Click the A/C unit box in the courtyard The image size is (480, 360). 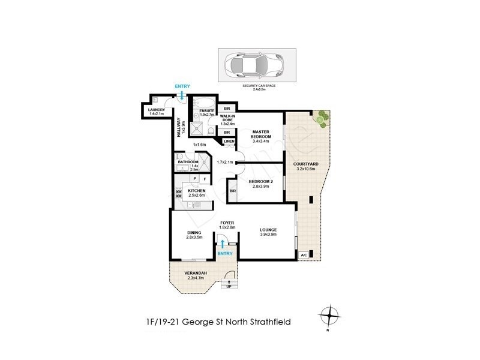(x=305, y=255)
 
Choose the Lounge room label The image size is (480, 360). (x=268, y=232)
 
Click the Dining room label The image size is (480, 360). (x=194, y=235)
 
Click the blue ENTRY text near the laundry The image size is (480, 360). (x=182, y=87)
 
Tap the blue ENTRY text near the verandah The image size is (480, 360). (x=225, y=254)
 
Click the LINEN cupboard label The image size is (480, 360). (x=229, y=142)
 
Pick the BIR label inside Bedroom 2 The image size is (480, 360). (x=233, y=191)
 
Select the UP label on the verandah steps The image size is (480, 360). (x=229, y=286)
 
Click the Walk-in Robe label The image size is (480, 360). (x=227, y=120)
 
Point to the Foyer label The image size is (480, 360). (x=227, y=224)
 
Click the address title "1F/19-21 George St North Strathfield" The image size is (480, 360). (x=218, y=322)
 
